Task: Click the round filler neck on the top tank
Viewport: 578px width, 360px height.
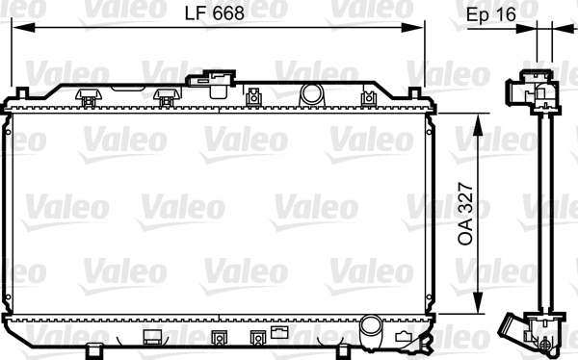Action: (310, 93)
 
